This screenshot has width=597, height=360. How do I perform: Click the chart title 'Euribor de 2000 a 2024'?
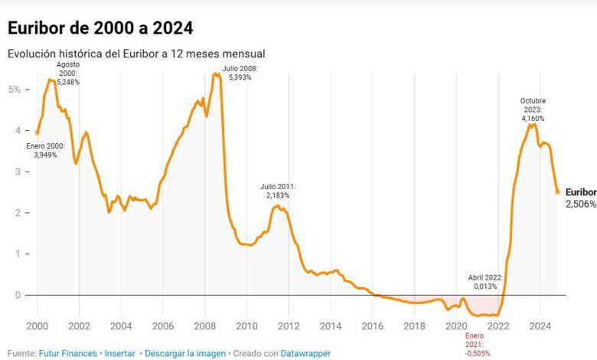click(x=99, y=28)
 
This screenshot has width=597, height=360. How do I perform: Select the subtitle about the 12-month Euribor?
click(x=136, y=54)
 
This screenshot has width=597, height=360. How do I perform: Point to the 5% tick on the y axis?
click(x=14, y=89)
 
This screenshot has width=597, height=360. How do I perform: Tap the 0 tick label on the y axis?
click(x=17, y=294)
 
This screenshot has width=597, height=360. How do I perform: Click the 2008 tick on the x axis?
click(x=204, y=326)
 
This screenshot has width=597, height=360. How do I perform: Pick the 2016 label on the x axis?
click(x=371, y=326)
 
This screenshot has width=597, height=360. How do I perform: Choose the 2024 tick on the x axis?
click(x=539, y=326)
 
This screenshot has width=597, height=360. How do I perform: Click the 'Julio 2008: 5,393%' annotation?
click(x=241, y=73)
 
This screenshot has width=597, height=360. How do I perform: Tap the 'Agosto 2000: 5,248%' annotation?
click(x=68, y=73)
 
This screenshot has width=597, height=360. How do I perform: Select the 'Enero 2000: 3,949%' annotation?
click(x=46, y=150)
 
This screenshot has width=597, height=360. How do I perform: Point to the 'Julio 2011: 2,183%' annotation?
click(x=278, y=191)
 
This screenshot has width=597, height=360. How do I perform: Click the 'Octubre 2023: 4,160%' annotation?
click(x=533, y=110)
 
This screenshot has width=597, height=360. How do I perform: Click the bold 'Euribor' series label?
click(x=581, y=192)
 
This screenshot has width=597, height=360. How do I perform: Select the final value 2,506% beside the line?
click(x=581, y=205)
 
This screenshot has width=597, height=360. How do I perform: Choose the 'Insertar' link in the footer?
click(x=120, y=353)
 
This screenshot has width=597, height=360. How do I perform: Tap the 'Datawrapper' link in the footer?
click(x=306, y=353)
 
